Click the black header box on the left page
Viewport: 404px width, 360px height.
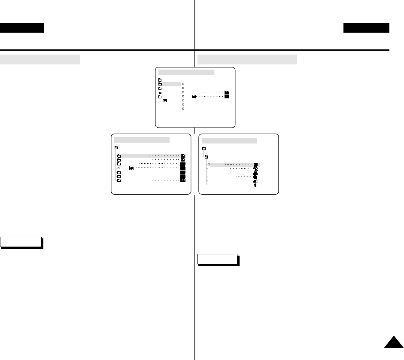(22, 28)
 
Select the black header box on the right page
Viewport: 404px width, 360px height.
(366, 28)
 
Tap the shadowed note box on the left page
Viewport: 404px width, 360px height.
(21, 242)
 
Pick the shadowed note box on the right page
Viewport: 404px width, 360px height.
(217, 259)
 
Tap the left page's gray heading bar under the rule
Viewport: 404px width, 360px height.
(40, 59)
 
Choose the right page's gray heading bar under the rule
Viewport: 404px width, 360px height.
(247, 59)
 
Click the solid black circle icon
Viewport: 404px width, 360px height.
(255, 176)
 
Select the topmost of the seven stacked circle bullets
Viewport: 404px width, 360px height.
(183, 84)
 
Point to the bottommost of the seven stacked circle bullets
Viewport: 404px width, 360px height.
(183, 109)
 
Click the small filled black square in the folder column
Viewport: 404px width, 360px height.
(160, 93)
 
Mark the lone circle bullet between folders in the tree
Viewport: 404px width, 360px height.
(118, 168)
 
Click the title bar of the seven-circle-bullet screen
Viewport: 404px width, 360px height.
(186, 72)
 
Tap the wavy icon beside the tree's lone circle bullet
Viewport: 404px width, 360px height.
(131, 168)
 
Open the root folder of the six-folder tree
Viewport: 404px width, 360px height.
(116, 147)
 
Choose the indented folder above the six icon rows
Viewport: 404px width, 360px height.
(206, 156)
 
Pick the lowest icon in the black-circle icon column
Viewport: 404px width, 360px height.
(255, 186)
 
